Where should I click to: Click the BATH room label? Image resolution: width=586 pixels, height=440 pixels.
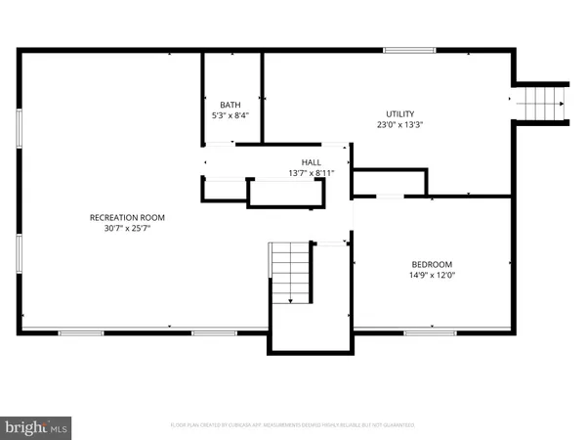[x=230, y=105]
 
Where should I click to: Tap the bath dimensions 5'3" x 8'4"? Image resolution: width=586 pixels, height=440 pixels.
[x=230, y=115]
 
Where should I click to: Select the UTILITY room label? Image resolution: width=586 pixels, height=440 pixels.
[x=399, y=113]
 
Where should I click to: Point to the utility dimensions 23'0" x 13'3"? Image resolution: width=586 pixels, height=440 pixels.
[x=399, y=124]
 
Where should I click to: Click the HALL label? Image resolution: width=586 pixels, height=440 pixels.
[x=312, y=162]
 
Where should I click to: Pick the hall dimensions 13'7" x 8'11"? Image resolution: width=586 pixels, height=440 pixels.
[x=312, y=173]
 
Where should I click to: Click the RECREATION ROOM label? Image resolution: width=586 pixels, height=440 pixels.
[x=127, y=217]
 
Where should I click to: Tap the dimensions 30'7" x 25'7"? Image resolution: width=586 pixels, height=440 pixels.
[x=127, y=228]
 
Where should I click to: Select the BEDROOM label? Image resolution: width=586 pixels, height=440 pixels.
[x=432, y=265]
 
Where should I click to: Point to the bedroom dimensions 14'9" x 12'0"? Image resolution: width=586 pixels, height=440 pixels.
[x=432, y=276]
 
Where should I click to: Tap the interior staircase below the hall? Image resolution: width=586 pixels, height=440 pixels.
[x=291, y=275]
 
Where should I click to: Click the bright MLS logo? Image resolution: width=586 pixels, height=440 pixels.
[x=36, y=426]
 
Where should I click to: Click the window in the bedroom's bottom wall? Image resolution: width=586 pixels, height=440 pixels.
[x=424, y=333]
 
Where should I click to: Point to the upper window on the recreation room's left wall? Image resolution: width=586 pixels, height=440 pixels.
[x=20, y=129]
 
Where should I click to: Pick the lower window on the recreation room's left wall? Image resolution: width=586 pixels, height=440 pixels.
[x=20, y=251]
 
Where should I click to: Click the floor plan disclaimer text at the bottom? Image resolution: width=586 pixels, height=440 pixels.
[x=293, y=425]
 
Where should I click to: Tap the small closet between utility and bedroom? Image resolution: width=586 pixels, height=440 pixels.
[x=390, y=182]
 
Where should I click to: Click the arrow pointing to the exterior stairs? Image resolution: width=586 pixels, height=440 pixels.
[x=510, y=99]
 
